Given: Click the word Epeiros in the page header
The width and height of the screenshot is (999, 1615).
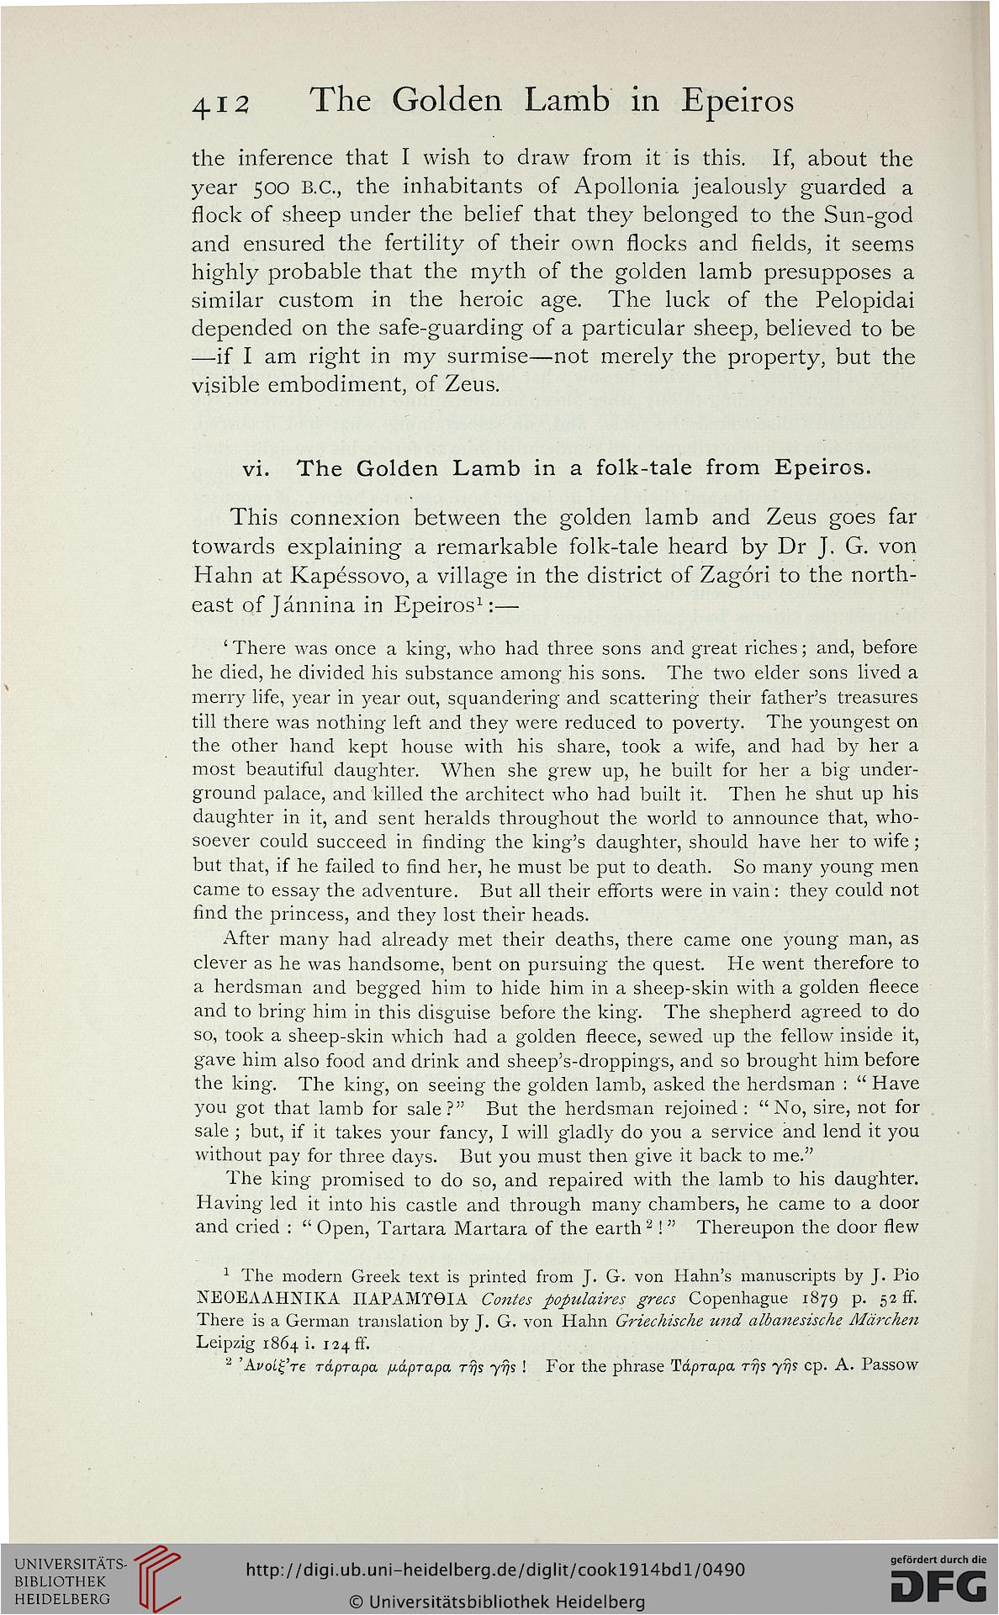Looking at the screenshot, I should (738, 101).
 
